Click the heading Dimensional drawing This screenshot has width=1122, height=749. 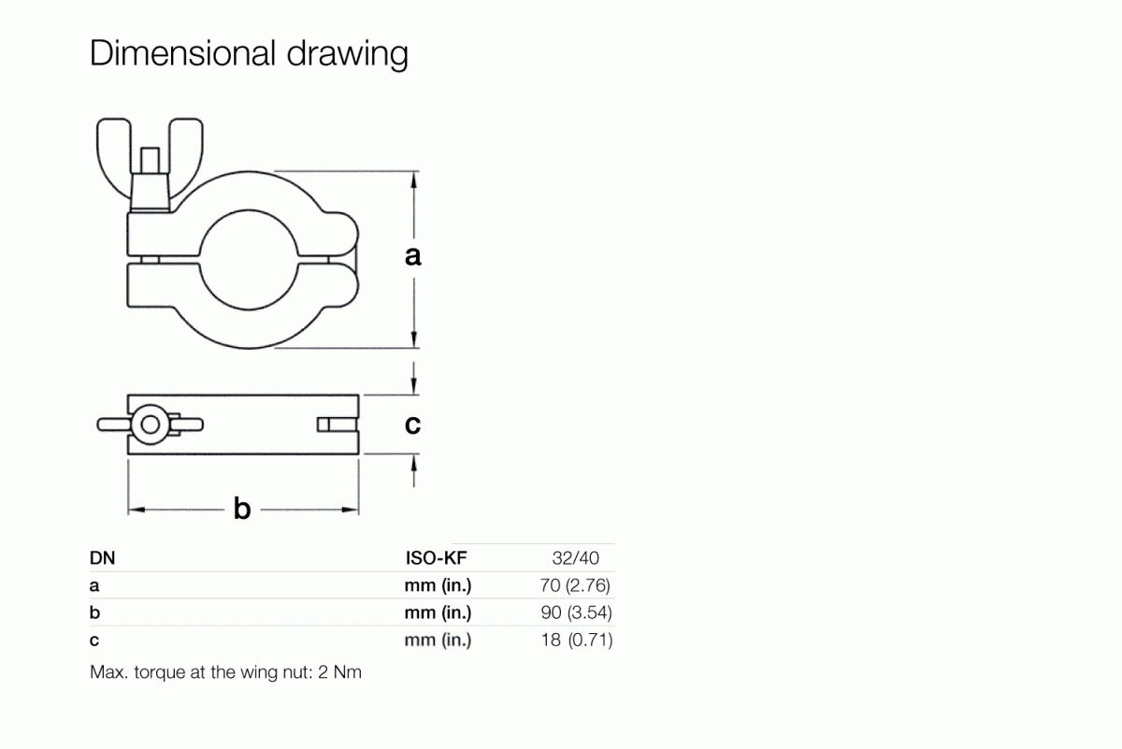point(249,54)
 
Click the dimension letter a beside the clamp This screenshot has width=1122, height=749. point(412,255)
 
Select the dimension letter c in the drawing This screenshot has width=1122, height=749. point(412,425)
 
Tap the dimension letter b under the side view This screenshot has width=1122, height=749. point(242,510)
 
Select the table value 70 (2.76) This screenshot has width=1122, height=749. point(576,586)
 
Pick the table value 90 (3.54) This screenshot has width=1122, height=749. point(576,613)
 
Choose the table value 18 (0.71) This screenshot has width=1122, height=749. point(576,641)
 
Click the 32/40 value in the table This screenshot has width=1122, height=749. point(576,559)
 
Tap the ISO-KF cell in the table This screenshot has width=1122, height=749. point(436,559)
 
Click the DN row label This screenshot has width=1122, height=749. point(102,559)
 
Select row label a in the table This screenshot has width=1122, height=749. point(94,587)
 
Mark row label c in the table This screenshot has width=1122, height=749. point(94,641)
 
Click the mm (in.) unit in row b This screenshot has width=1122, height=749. point(438,613)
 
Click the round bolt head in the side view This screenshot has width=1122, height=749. point(149,425)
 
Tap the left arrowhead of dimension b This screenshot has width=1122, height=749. point(134,510)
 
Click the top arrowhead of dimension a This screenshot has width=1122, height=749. point(413,179)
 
